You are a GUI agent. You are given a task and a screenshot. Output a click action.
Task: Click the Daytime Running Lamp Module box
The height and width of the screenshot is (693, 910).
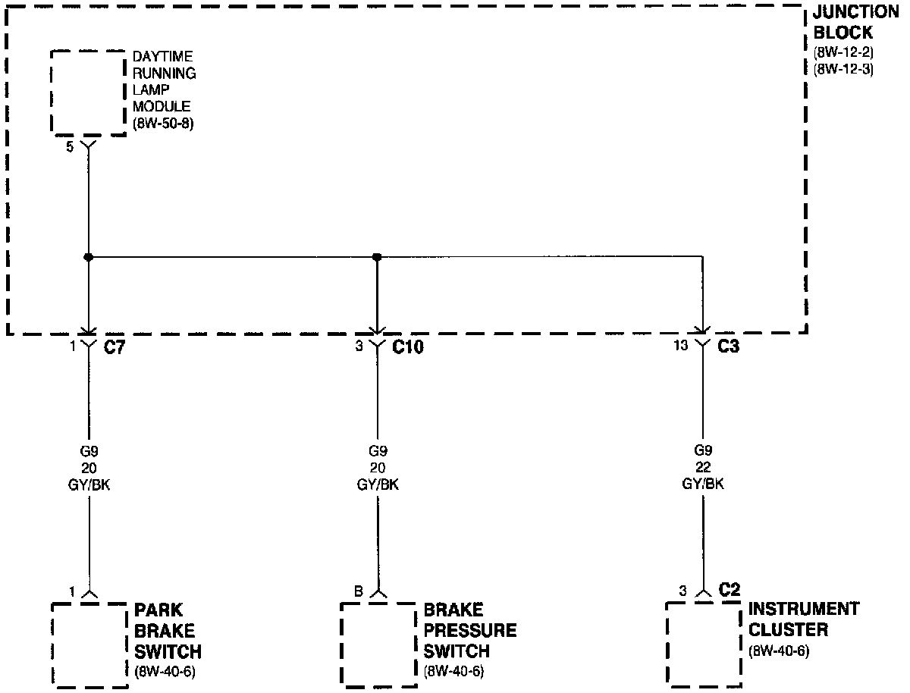pyautogui.click(x=87, y=93)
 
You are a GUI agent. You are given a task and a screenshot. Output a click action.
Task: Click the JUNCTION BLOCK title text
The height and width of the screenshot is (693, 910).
pyautogui.click(x=855, y=24)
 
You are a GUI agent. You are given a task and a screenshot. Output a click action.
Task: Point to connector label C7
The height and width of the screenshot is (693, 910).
pyautogui.click(x=115, y=347)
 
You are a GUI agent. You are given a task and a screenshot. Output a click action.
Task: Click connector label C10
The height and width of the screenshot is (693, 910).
pyautogui.click(x=407, y=347)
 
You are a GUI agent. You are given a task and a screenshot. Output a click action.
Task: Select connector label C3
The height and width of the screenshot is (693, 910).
pyautogui.click(x=729, y=347)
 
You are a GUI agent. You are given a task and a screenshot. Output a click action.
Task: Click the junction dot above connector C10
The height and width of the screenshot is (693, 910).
pyautogui.click(x=377, y=257)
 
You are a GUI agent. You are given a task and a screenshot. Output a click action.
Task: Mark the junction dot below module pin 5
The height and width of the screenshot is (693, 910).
pyautogui.click(x=89, y=257)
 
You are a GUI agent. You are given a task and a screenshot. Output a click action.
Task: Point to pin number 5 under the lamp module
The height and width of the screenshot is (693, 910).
pyautogui.click(x=70, y=147)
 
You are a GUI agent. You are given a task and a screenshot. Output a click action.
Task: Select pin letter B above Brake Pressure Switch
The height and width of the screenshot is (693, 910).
pyautogui.click(x=359, y=591)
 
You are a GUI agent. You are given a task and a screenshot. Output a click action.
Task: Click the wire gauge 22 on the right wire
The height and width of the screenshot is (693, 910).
pyautogui.click(x=703, y=467)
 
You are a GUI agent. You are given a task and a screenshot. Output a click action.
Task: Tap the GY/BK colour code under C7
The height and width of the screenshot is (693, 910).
pyautogui.click(x=89, y=484)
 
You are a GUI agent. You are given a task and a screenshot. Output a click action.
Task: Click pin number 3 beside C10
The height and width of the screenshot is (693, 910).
pyautogui.click(x=359, y=347)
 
